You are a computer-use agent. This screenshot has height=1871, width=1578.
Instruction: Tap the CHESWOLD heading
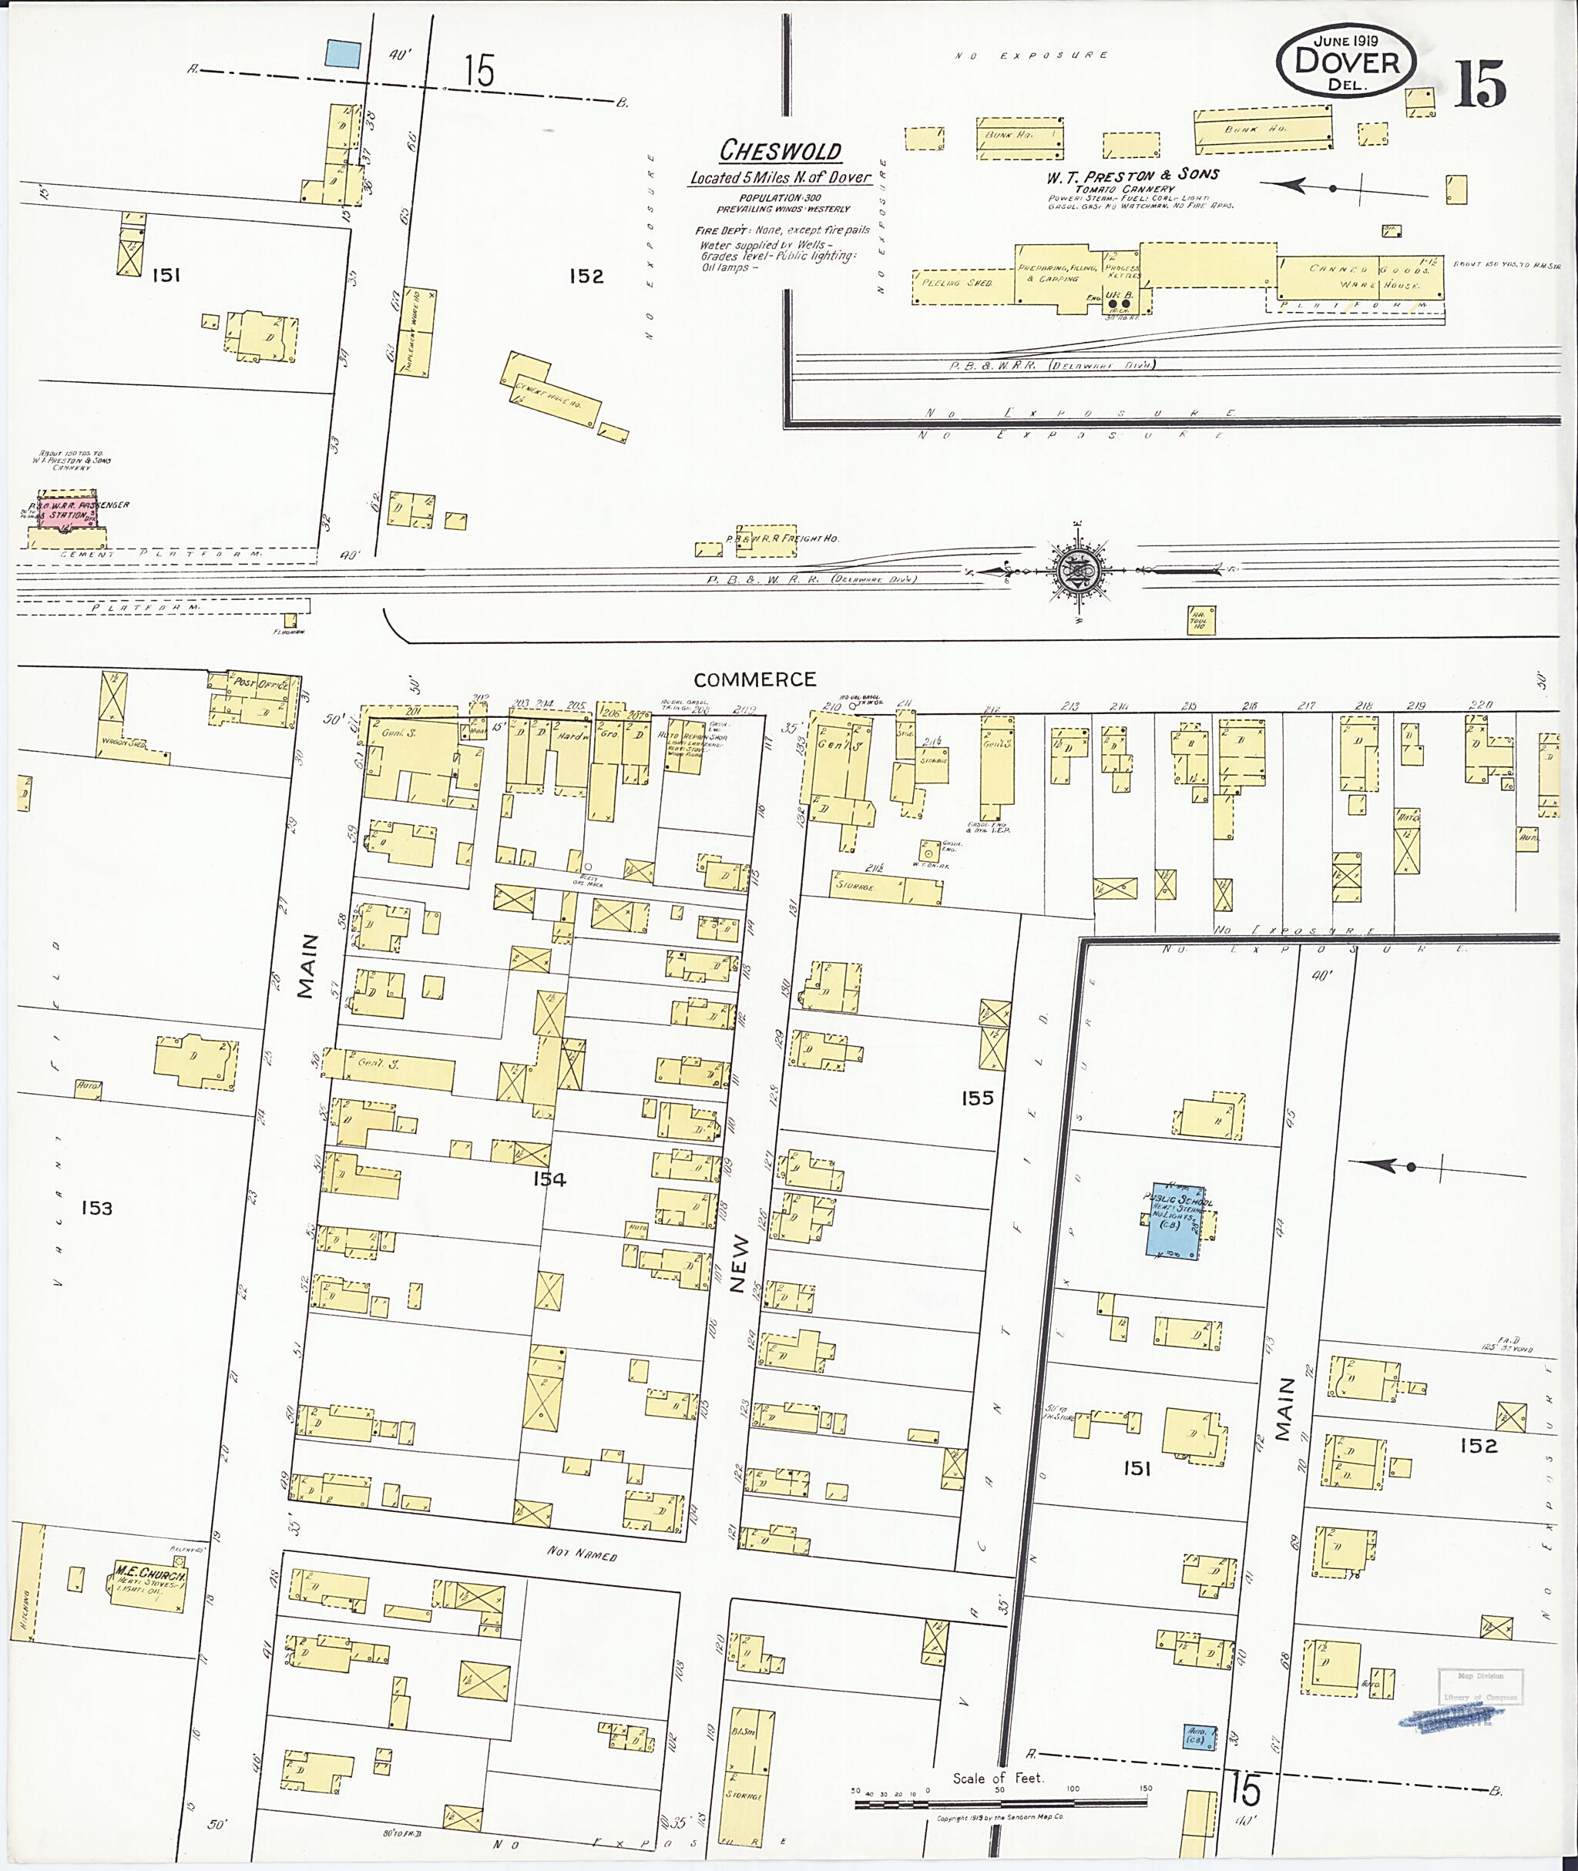(781, 149)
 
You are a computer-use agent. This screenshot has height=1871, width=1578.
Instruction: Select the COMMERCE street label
(755, 679)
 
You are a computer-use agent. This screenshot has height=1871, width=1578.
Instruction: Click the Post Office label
(260, 683)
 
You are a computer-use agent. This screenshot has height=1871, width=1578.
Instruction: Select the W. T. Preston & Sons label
(1133, 176)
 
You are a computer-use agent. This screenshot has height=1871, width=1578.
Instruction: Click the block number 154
(549, 1179)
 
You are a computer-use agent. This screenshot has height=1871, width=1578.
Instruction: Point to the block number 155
(978, 1098)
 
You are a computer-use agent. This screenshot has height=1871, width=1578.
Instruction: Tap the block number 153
(96, 1209)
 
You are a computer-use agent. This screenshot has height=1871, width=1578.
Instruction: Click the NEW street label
(738, 1271)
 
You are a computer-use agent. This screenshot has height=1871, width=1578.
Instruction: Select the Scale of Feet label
(998, 1778)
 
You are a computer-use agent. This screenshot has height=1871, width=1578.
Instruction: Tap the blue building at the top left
(344, 54)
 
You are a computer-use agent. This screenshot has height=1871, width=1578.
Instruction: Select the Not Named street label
(583, 1555)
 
